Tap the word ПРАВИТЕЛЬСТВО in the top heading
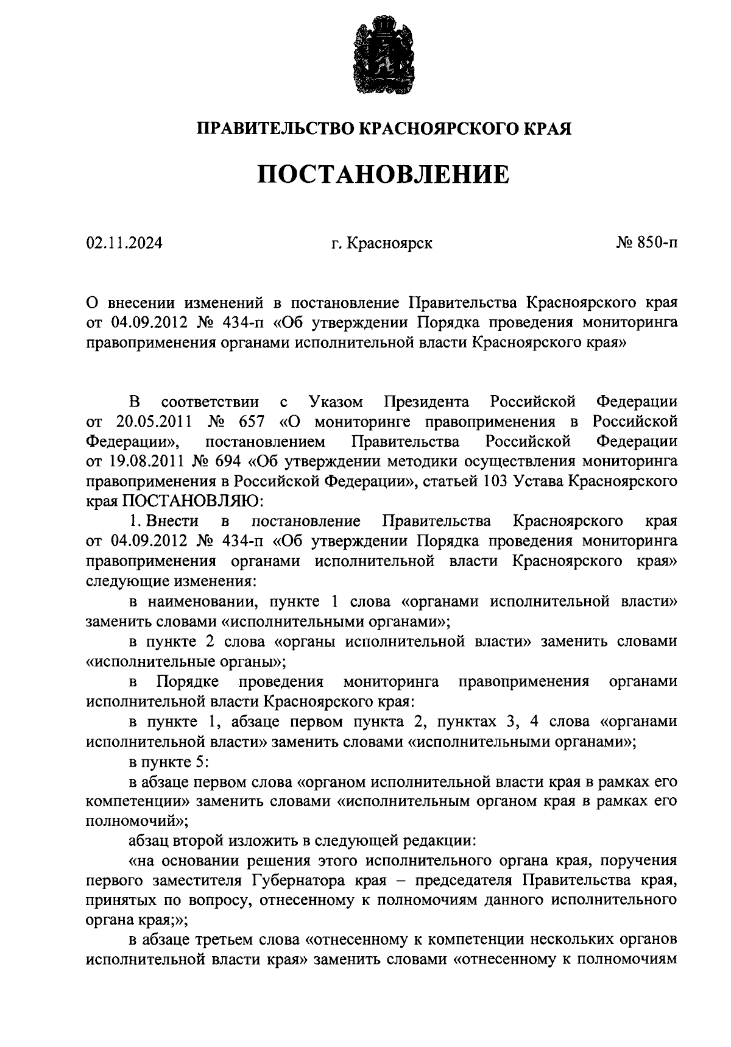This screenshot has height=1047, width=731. click(275, 129)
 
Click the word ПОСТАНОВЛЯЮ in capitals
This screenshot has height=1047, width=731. click(193, 502)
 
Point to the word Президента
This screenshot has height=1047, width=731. click(426, 402)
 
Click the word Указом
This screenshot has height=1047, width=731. click(336, 402)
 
